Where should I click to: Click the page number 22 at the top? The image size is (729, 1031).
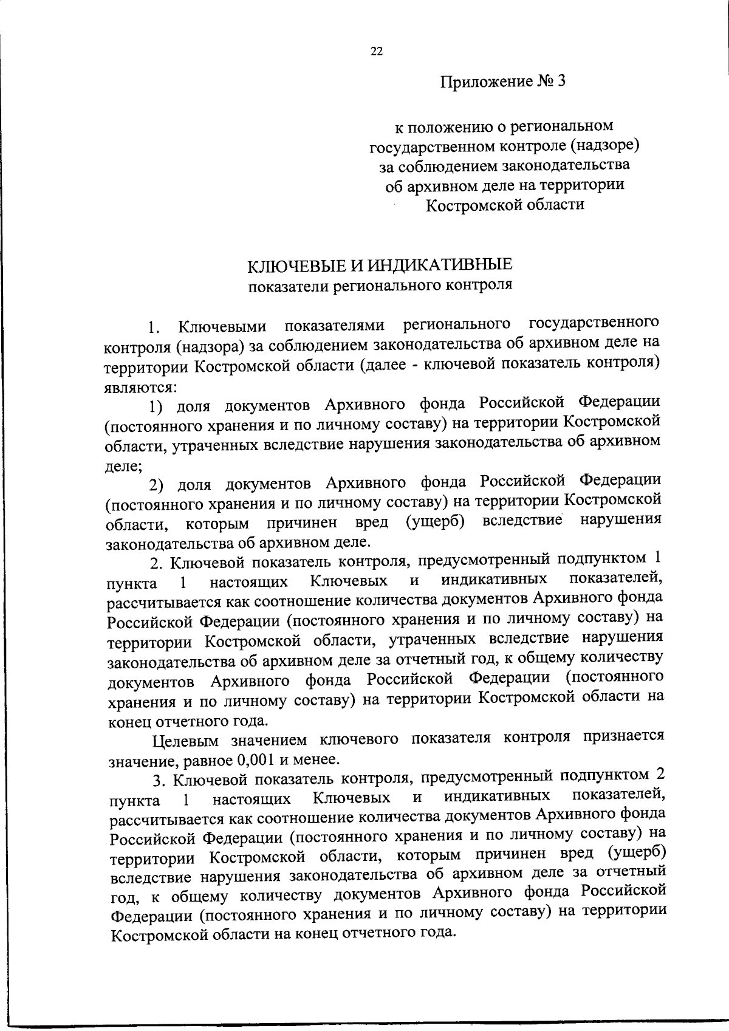point(376,52)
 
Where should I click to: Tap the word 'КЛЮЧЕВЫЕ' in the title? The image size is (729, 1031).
point(290,265)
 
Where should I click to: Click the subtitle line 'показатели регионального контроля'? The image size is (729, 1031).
point(380,284)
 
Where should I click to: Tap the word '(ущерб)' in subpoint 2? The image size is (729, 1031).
point(434,522)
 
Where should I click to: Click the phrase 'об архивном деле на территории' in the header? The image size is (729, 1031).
point(505,185)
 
